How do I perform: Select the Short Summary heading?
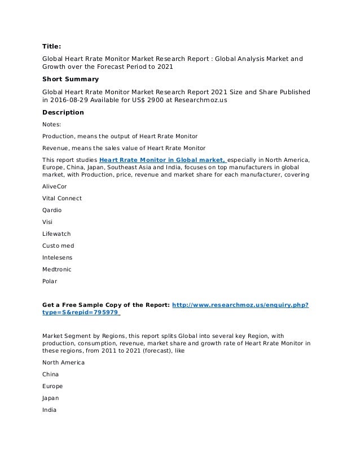point(71,79)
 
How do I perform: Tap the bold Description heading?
point(63,112)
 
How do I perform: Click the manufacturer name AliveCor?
point(55,186)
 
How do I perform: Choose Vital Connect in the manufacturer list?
point(62,198)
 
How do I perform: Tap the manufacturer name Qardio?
point(52,210)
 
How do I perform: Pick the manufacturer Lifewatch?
point(56,234)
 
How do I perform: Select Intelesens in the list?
point(58,257)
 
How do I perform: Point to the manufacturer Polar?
point(50,281)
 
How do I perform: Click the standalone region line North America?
point(63,362)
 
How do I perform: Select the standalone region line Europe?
point(52,386)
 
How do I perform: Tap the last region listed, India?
point(50,410)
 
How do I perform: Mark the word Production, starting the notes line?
point(60,136)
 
